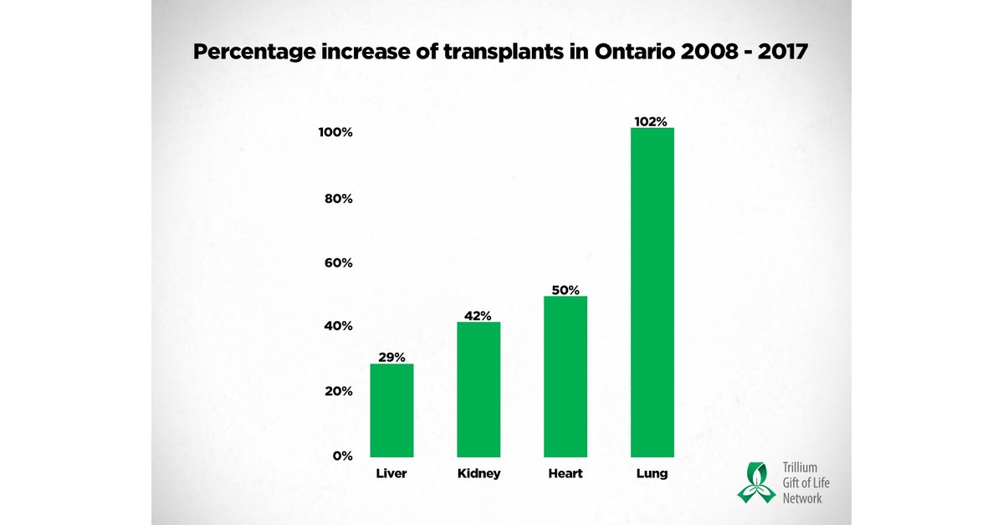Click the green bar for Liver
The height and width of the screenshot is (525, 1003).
point(391,410)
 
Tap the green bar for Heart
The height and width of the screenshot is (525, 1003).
point(565,376)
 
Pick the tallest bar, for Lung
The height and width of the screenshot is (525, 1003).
point(652,293)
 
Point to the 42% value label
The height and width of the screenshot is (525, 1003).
point(478,315)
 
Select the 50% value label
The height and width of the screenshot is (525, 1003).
point(565,290)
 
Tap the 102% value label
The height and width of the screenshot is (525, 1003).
point(652,121)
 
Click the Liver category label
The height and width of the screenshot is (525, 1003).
point(391,474)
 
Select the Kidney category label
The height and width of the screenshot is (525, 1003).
point(478,474)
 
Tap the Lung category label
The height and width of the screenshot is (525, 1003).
point(652,474)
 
